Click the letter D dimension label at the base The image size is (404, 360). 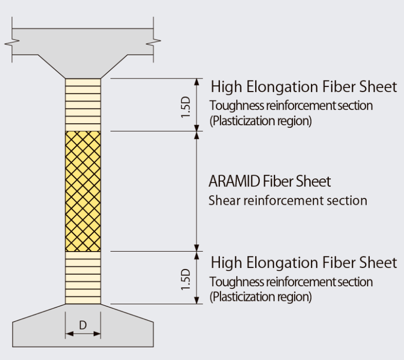(83, 326)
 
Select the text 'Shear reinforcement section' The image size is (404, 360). (287, 201)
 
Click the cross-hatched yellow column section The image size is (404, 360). (83, 191)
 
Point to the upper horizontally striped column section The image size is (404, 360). (83, 105)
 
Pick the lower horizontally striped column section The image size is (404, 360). (83, 277)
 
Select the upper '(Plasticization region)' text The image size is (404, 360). (260, 121)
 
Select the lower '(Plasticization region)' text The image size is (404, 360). (260, 297)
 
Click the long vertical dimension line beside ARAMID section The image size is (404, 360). (197, 191)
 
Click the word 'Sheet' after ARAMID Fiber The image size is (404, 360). (314, 182)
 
